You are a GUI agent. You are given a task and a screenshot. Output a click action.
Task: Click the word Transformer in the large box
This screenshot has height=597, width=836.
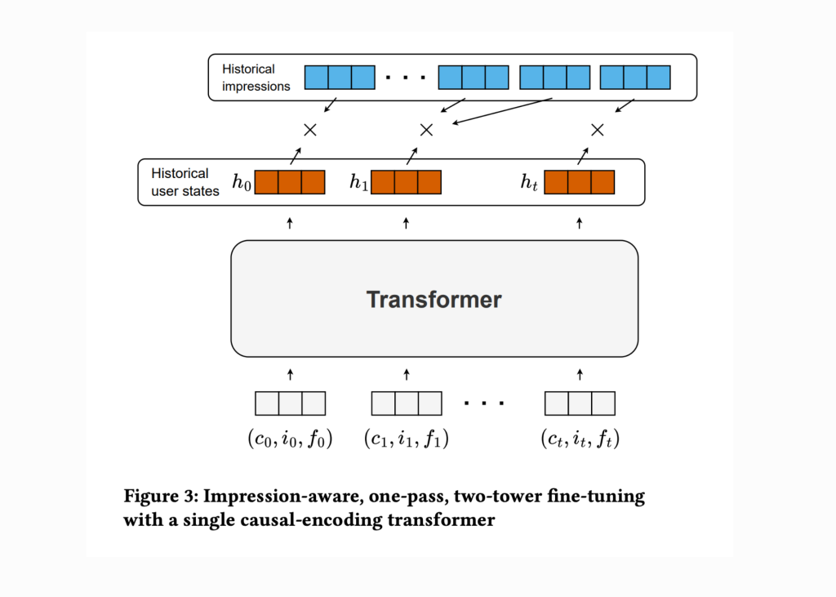tap(434, 299)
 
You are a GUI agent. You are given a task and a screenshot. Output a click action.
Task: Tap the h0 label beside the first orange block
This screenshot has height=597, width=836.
tap(242, 182)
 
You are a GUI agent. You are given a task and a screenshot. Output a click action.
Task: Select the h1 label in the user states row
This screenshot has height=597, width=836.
tap(359, 182)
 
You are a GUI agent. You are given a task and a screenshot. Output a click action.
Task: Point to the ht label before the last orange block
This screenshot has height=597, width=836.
tap(530, 182)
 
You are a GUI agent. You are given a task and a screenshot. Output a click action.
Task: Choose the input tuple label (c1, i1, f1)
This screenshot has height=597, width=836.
tap(406, 439)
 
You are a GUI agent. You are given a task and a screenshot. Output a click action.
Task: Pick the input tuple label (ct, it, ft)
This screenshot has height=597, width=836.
tap(580, 439)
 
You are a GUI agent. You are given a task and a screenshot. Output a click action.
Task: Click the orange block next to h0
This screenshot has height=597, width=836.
tap(290, 182)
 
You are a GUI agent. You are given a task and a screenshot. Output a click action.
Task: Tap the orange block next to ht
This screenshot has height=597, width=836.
tap(579, 182)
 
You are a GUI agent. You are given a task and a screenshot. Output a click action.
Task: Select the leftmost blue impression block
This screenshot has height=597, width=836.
tap(340, 78)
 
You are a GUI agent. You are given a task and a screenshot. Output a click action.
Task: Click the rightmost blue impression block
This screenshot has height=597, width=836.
tap(635, 78)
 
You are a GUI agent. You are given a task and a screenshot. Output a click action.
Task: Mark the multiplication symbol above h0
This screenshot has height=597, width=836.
tap(309, 130)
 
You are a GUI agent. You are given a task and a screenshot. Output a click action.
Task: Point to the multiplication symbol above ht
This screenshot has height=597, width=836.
tap(597, 130)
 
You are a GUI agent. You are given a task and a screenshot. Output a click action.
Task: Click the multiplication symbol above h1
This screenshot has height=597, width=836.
tap(425, 130)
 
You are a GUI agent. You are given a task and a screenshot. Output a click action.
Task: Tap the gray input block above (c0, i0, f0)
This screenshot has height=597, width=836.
tap(290, 403)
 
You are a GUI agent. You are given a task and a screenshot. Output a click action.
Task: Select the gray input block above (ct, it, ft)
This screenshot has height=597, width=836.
tap(580, 403)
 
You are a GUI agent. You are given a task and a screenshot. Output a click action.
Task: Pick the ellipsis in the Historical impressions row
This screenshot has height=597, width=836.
tap(406, 78)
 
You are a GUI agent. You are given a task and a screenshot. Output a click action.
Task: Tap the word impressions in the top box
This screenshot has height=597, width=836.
tap(256, 86)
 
